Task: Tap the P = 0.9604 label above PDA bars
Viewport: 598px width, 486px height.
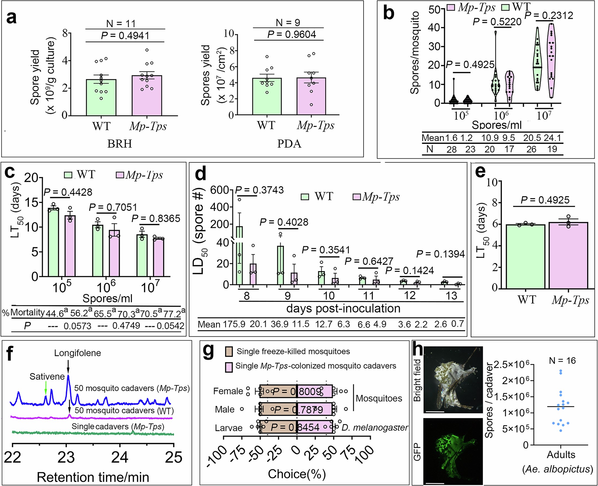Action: point(292,34)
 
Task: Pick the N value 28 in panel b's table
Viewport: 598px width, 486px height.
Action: point(452,149)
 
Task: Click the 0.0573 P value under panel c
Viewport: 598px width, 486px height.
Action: point(77,326)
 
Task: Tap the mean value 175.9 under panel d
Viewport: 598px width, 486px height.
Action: point(234,324)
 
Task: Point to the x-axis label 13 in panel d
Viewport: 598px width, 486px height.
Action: point(451,296)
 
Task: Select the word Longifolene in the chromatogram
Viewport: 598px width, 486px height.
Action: point(78,353)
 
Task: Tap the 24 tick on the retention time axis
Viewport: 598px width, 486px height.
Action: point(120,457)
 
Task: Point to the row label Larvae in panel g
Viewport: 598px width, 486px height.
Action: point(228,428)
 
